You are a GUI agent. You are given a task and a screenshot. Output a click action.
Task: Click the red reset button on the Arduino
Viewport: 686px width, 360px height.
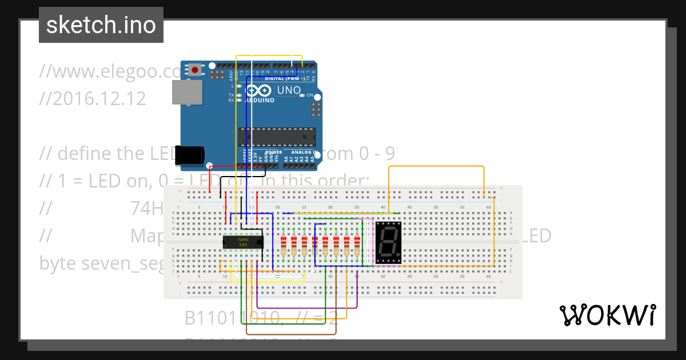[x=196, y=70]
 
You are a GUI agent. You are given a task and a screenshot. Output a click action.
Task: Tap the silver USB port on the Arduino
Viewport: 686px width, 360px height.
[x=188, y=93]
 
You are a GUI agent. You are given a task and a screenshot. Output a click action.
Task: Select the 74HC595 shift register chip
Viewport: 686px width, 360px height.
[x=243, y=242]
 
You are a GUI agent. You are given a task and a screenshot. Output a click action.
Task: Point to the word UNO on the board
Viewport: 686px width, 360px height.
[x=289, y=90]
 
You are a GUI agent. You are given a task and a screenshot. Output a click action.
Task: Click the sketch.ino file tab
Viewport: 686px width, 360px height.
[x=101, y=25]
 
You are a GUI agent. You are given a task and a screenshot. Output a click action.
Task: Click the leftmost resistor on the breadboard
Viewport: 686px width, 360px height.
[x=284, y=245]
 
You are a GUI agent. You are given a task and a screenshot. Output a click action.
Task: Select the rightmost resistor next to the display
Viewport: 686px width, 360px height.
[x=357, y=245]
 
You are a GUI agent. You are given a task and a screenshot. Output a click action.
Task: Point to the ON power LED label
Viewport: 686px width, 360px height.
[x=310, y=95]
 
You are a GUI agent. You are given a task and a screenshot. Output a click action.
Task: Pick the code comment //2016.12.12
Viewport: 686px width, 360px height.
[x=93, y=99]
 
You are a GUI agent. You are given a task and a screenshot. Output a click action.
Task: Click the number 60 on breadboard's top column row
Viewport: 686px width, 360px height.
[x=488, y=207]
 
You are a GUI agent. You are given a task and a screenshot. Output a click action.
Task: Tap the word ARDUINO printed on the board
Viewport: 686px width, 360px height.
[x=260, y=100]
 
